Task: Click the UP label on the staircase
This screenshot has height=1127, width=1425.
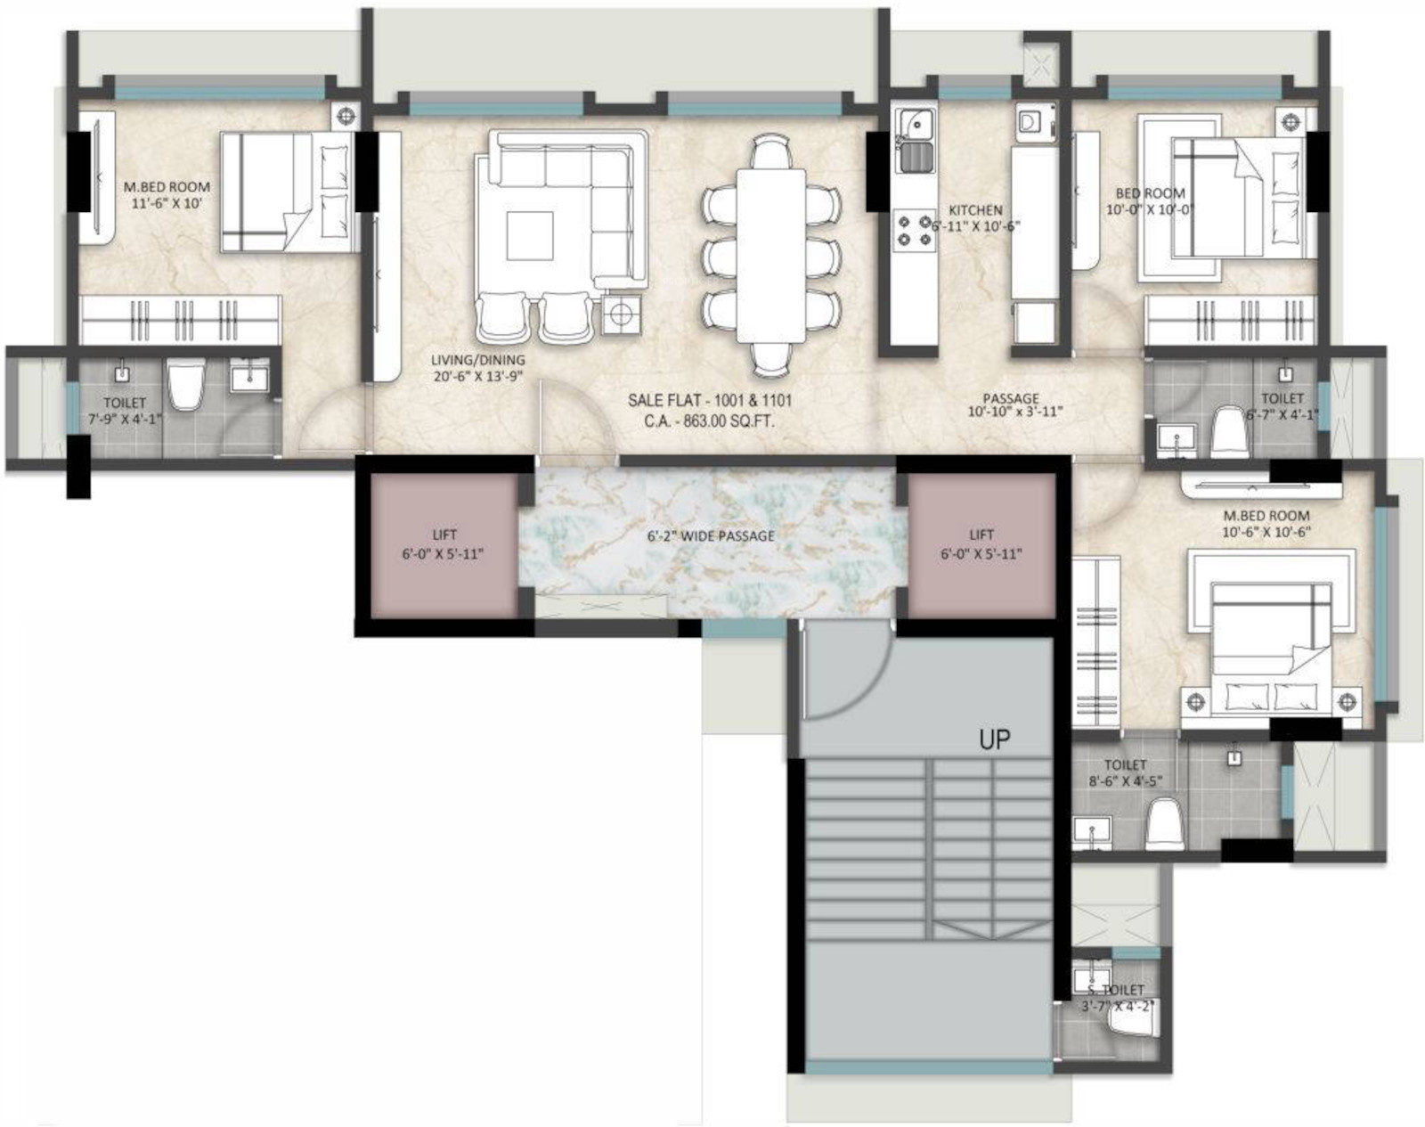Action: [x=995, y=740]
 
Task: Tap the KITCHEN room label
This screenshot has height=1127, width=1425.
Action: [x=975, y=210]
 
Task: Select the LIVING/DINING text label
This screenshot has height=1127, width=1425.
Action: [x=477, y=360]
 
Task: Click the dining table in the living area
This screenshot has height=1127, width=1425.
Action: [x=770, y=256]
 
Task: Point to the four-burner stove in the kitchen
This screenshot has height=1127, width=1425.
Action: [x=915, y=230]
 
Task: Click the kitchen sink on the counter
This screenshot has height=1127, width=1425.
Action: [x=915, y=139]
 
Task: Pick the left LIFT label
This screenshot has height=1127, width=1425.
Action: [x=444, y=535]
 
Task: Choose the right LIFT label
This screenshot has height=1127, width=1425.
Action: [x=981, y=534]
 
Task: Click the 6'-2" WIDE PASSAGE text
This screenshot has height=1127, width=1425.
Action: [x=711, y=535]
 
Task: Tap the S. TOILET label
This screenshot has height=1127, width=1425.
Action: [x=1116, y=990]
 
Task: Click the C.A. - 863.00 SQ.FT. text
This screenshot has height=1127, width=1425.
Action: [x=709, y=421]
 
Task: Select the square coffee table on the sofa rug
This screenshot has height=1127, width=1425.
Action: [x=530, y=235]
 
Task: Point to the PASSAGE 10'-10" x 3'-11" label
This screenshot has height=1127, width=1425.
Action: [x=1014, y=404]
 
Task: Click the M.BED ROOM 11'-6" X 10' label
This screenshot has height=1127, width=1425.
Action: [x=167, y=195]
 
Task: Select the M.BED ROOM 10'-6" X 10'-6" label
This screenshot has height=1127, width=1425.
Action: [x=1266, y=524]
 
